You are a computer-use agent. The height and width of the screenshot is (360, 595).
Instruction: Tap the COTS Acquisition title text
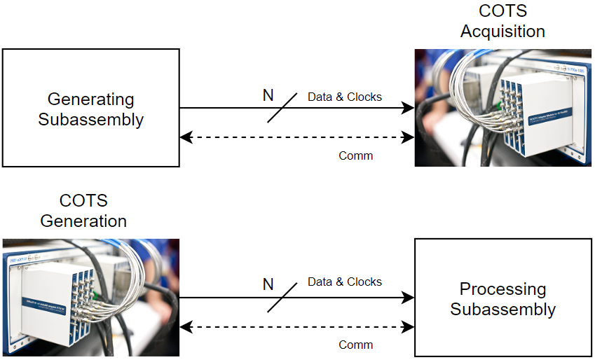502,22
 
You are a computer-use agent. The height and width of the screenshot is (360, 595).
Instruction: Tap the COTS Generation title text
83,211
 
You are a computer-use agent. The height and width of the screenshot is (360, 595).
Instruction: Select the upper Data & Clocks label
345,97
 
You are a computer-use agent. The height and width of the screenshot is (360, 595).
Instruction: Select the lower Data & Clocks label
345,282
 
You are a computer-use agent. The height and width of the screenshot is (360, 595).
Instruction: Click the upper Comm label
356,155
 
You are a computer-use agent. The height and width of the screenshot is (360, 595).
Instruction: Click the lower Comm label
356,345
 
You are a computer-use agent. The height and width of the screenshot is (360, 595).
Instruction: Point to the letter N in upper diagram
268,95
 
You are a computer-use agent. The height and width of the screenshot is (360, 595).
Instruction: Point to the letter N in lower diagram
268,284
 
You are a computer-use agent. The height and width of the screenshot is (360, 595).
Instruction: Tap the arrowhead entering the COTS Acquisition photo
409,108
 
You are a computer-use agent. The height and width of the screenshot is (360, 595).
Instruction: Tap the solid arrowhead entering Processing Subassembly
409,298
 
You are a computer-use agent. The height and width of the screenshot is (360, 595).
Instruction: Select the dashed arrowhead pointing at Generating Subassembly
186,137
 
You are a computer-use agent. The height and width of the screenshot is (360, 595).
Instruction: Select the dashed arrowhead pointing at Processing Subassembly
409,326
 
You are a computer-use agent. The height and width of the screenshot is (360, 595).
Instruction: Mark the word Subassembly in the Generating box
90,119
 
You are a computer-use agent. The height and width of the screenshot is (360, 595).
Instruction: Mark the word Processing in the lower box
502,289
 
